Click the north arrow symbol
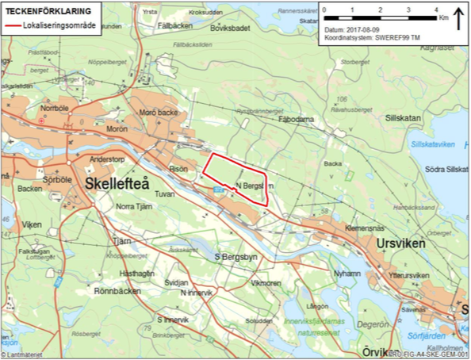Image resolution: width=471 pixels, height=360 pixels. click(x=458, y=17)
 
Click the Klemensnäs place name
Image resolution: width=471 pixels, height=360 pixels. click(x=343, y=227)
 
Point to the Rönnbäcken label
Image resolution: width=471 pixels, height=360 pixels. click(x=117, y=290)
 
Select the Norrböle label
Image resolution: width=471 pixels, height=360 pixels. click(x=56, y=107)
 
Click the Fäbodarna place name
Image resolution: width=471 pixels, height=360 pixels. click(x=297, y=119)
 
